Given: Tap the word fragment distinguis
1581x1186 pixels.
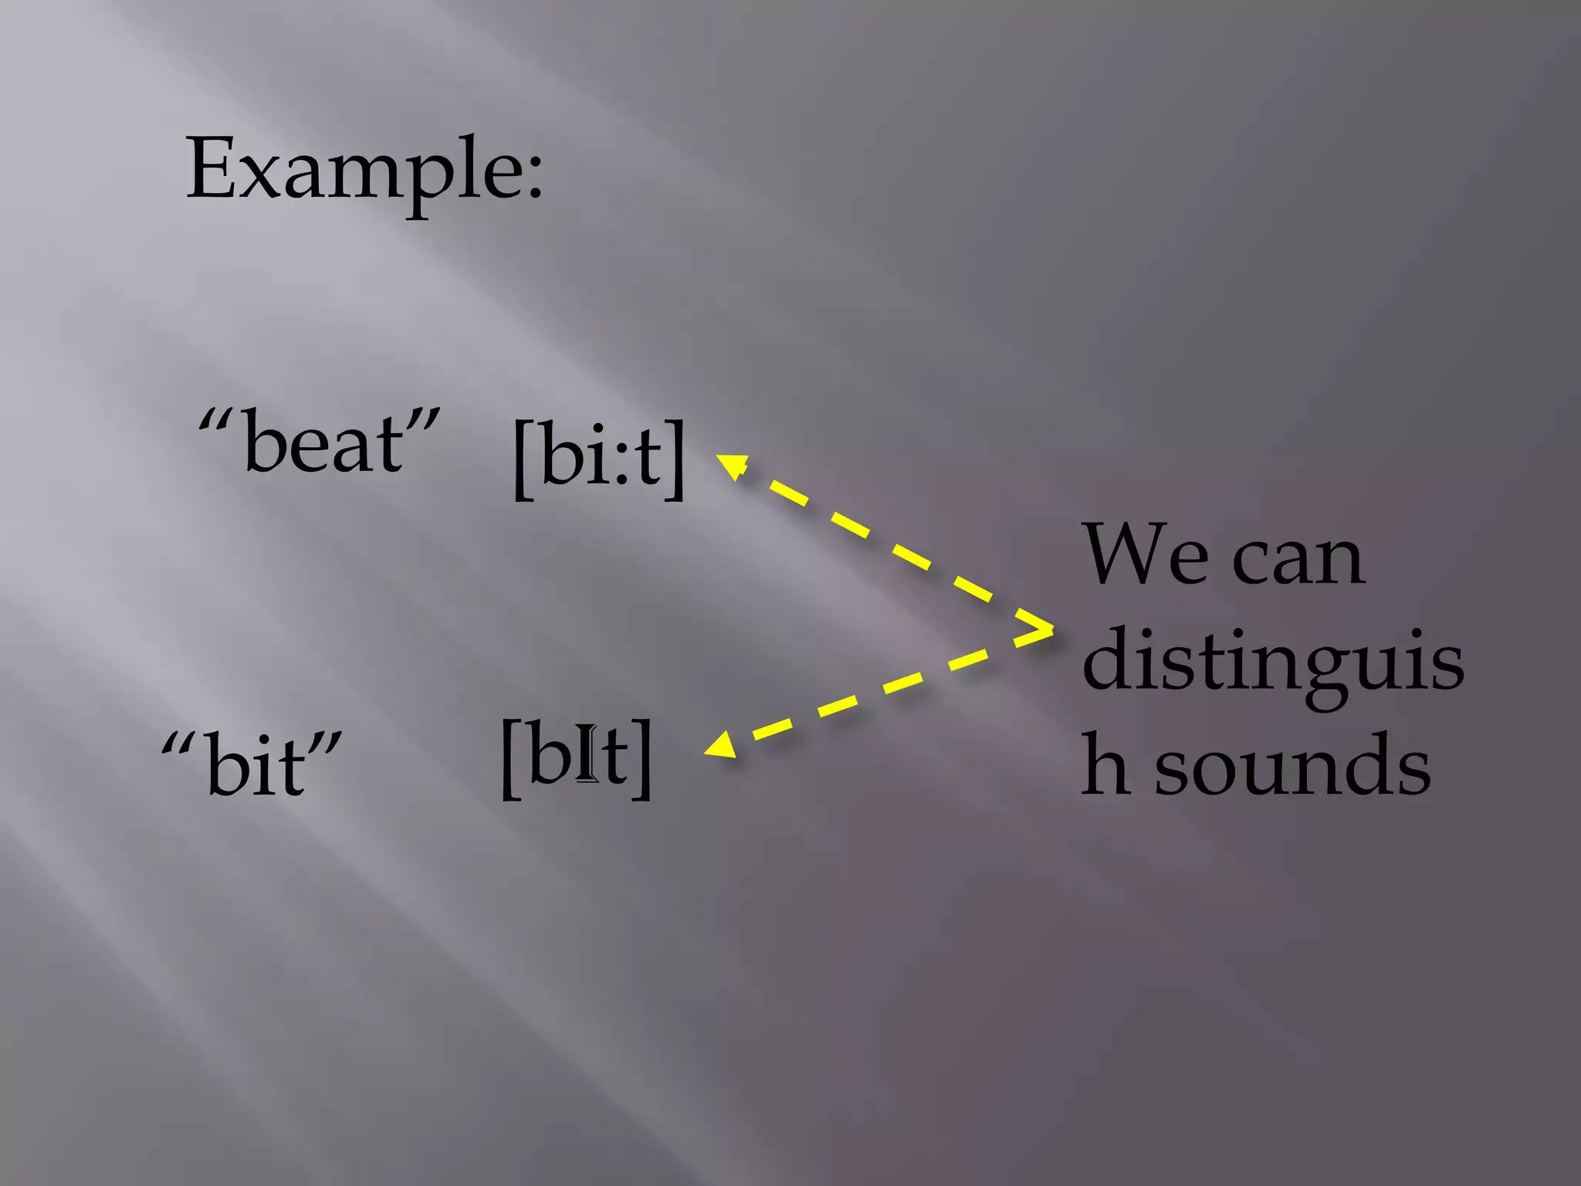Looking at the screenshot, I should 1272,660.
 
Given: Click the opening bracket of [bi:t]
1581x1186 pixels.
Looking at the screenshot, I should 523,459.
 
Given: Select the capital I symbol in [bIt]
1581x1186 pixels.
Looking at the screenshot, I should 588,753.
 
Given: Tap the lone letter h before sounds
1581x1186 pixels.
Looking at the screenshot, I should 1104,764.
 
